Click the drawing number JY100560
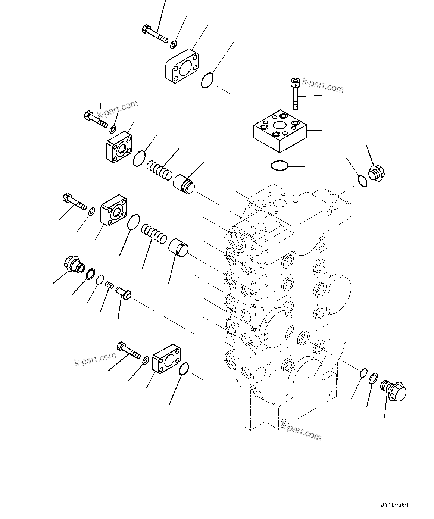(x=395, y=505)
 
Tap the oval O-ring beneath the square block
(x=280, y=165)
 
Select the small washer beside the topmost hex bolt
(x=173, y=45)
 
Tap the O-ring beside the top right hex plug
(x=362, y=180)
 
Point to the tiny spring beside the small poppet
(x=109, y=285)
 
